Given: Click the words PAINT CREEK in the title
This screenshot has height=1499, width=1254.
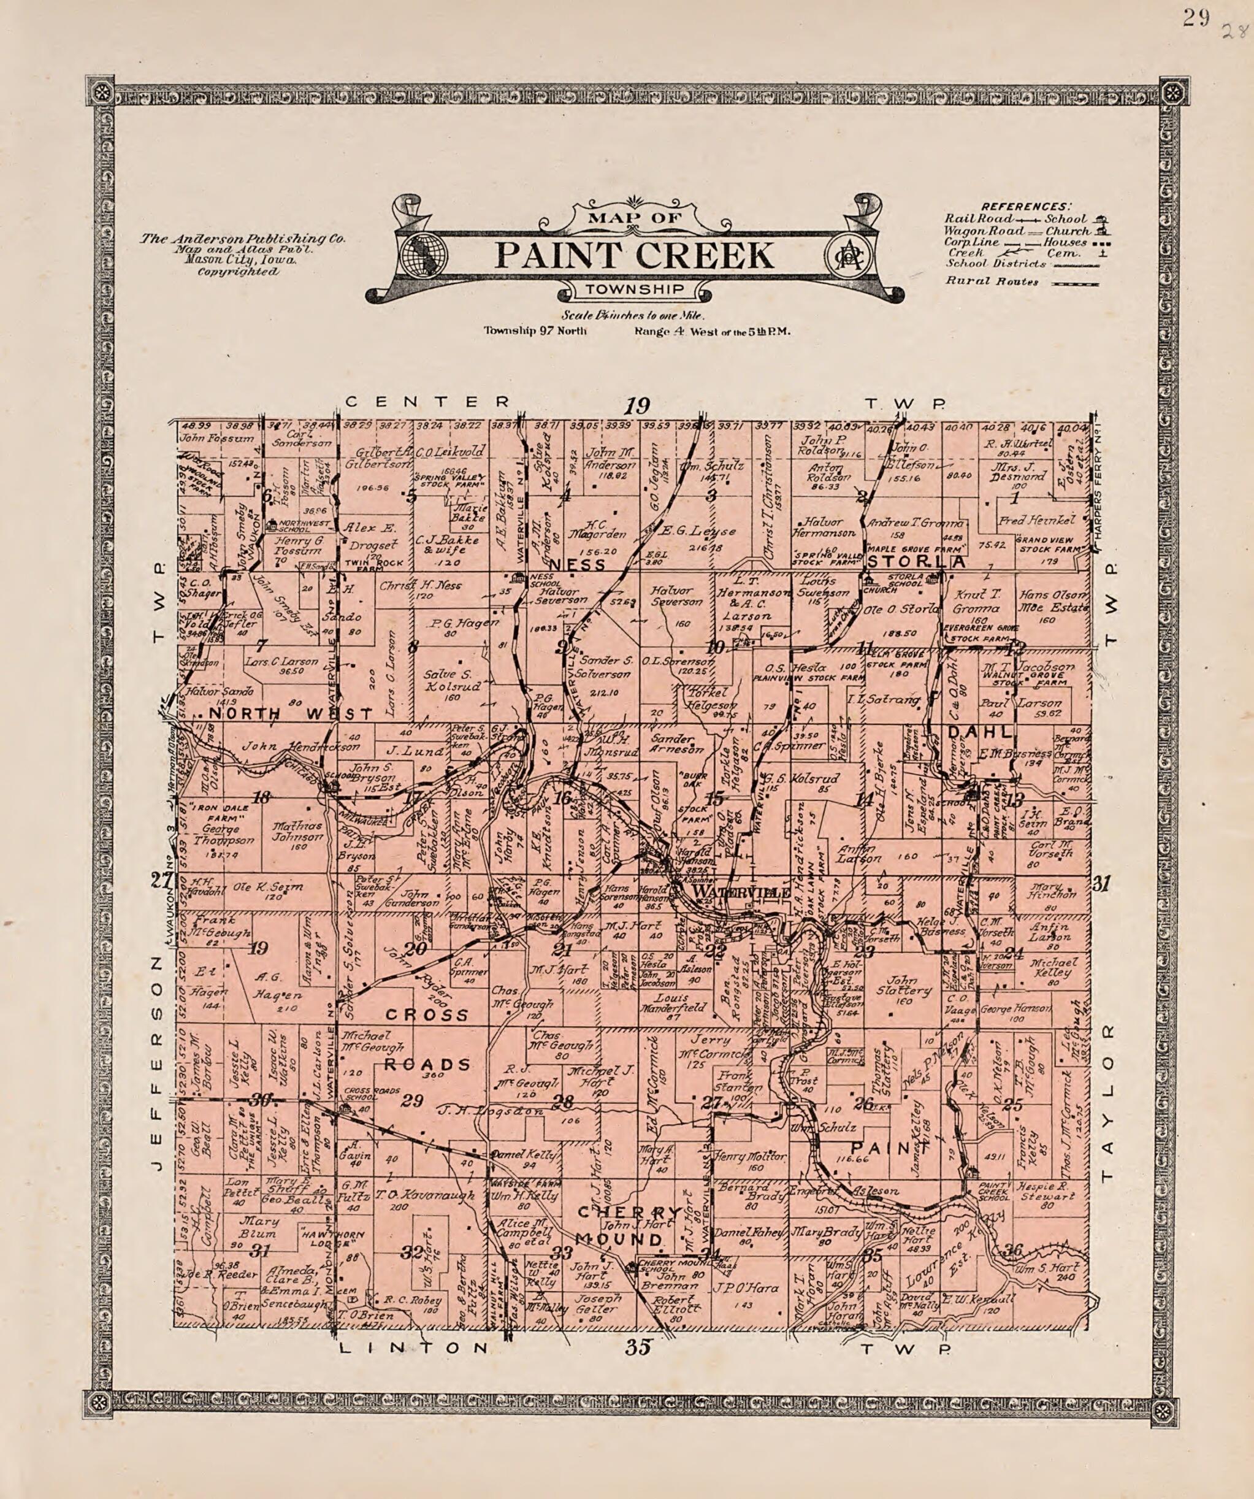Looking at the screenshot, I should click(x=635, y=256).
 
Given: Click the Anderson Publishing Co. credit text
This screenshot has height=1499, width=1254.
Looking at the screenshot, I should click(x=243, y=240).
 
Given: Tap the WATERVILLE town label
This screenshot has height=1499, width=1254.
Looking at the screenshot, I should click(x=741, y=893).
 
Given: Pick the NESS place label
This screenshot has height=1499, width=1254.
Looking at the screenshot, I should click(x=586, y=565).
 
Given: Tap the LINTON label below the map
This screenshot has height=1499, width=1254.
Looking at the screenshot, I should click(x=414, y=1348).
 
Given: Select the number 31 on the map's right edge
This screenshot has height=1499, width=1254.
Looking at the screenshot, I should click(x=1101, y=885).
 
